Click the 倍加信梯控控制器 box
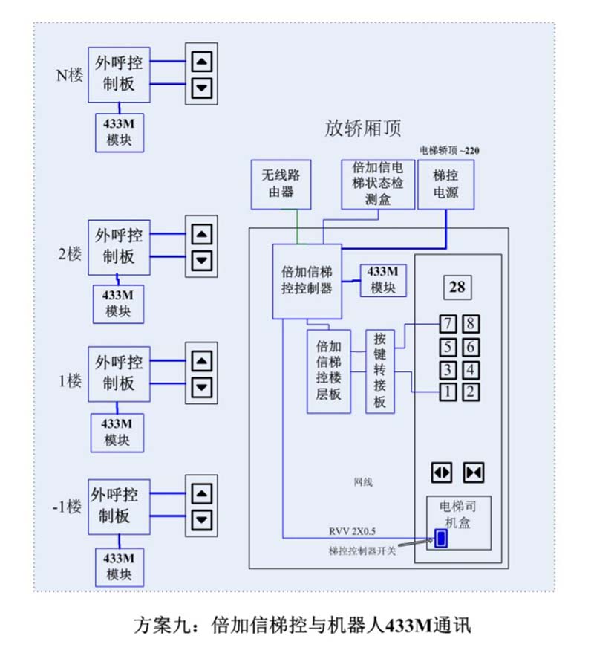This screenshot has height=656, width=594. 307,281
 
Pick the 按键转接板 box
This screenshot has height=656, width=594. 380,370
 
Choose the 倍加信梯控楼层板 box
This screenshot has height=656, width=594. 328,371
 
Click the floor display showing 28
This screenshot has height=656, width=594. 457,287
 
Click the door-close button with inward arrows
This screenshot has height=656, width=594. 474,472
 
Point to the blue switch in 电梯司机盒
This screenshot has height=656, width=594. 442,538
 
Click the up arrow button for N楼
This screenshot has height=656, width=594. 201,62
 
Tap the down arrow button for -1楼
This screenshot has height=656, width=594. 201,519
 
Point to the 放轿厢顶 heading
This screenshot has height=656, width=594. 363,129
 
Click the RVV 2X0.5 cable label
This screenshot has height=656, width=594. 352,530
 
